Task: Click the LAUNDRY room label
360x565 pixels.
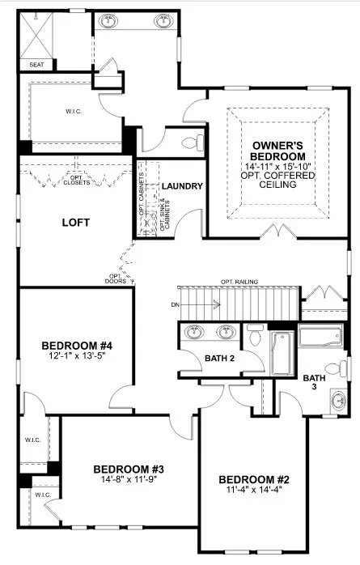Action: [182, 186]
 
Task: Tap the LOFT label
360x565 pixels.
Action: [75, 223]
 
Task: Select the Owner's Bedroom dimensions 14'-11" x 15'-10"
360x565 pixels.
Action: [278, 167]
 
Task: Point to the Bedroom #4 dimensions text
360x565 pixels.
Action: [77, 355]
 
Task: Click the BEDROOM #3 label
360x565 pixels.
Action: [129, 469]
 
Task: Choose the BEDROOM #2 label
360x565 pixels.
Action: [254, 480]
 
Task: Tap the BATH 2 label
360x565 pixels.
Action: [219, 358]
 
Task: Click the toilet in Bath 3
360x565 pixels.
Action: [336, 368]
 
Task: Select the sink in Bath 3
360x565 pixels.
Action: [339, 401]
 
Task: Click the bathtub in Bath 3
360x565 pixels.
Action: [320, 335]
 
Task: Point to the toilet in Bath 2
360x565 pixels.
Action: [256, 334]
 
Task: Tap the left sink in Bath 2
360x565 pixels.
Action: [194, 331]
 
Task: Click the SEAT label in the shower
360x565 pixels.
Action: [36, 65]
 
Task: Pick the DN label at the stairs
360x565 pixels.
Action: [176, 305]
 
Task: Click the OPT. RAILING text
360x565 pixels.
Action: [239, 282]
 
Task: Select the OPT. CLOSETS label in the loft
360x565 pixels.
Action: [77, 181]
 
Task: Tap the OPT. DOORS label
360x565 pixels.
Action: [116, 278]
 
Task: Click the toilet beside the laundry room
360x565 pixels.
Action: [193, 142]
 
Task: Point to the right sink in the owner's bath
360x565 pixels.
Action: [163, 21]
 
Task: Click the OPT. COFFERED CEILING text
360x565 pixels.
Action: [278, 180]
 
